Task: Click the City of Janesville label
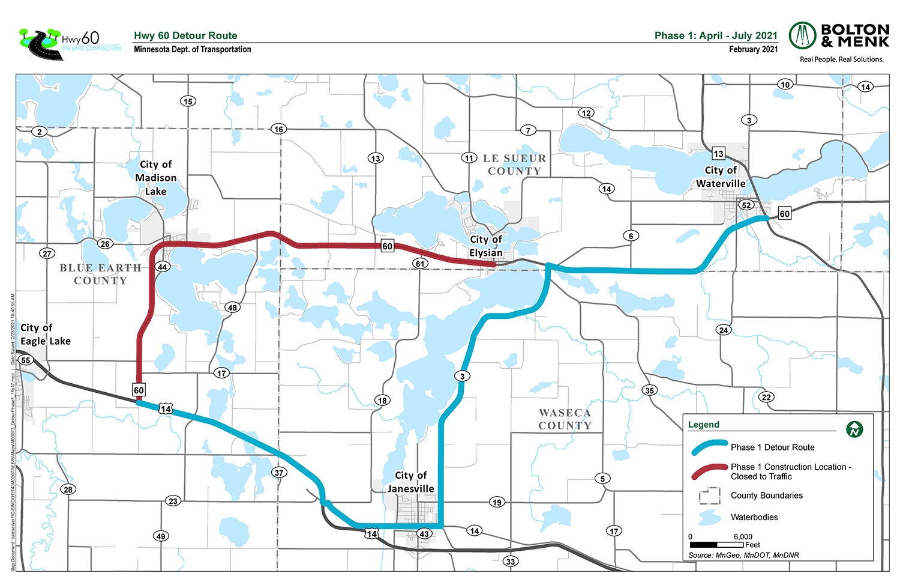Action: (x=410, y=482)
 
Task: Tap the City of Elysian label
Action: (x=486, y=246)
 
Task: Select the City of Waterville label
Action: (x=721, y=177)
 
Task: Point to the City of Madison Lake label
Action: (x=156, y=178)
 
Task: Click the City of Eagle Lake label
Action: (x=45, y=335)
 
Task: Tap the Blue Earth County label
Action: (x=100, y=274)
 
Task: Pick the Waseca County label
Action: (x=565, y=419)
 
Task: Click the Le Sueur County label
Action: (x=515, y=165)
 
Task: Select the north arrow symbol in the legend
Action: (x=854, y=429)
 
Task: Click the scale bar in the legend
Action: (x=716, y=545)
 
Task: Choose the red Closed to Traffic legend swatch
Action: (x=709, y=471)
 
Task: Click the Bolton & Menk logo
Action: (x=839, y=41)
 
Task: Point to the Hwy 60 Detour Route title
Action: (x=185, y=35)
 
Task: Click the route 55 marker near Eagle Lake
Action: (x=26, y=360)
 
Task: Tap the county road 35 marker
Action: (x=649, y=390)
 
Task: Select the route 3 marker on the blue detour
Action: (x=462, y=377)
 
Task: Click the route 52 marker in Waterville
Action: (x=746, y=205)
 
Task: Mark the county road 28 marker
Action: (x=68, y=490)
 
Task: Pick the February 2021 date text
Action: (x=753, y=49)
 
